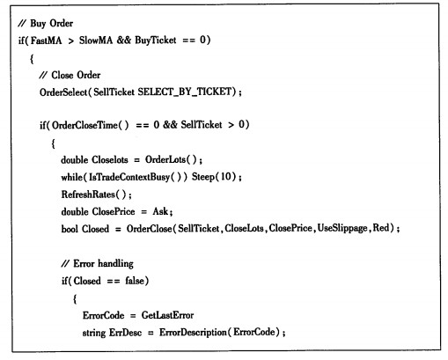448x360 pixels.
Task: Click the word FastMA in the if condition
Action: [46, 40]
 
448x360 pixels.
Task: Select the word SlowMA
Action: [96, 40]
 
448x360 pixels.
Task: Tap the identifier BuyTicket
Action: [156, 40]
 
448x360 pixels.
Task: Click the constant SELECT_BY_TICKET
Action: [185, 92]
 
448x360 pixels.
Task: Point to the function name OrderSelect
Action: [63, 92]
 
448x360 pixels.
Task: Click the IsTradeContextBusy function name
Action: [129, 177]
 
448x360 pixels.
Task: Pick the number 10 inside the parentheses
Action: [226, 176]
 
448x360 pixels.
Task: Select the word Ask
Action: [160, 211]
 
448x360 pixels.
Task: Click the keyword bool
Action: [70, 229]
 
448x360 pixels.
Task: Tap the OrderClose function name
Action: [149, 229]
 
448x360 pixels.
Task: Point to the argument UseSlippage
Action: [342, 228]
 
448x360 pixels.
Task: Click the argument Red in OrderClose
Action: [380, 228]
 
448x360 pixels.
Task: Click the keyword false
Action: [135, 281]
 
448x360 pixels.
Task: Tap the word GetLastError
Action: [167, 315]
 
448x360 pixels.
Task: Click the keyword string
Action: [94, 333]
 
